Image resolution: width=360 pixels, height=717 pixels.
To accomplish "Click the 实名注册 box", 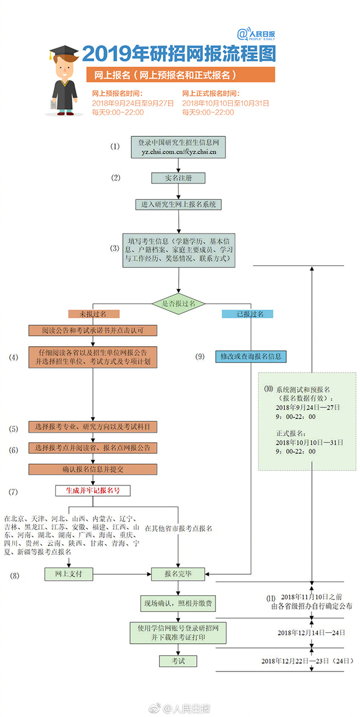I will pos(178,178).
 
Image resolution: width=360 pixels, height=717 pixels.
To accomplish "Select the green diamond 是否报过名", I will pos(179,304).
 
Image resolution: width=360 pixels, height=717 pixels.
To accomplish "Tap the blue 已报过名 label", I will pos(247,314).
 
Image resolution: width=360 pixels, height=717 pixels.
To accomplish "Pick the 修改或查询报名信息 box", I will pos(251,356).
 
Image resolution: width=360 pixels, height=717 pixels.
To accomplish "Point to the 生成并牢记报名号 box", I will pos(93,490).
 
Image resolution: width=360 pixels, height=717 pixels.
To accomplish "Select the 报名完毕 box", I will pos(178,574).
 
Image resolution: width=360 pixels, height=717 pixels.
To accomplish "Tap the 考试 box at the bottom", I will pos(178,661).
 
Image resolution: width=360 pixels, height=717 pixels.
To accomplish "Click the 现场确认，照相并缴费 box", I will pos(178,601).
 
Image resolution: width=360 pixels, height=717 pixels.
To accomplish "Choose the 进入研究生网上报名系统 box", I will pos(179,205).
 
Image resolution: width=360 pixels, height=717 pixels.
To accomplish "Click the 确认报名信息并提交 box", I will pos(93,469).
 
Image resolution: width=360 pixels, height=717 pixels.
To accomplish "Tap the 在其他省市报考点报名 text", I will pos(178,528).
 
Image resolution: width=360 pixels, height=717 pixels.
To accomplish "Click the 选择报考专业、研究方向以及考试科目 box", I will pos(93,427).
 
